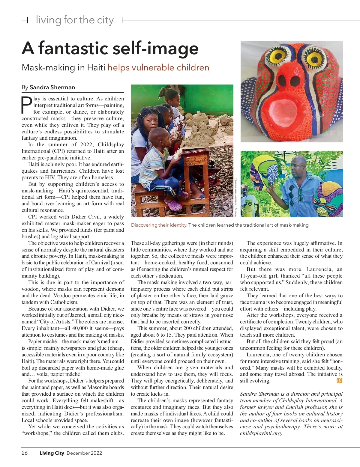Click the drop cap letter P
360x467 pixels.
27,105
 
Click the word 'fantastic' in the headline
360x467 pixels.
73,48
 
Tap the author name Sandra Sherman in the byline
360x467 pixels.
52,87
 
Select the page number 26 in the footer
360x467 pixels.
25,453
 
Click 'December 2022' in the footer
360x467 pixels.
84,453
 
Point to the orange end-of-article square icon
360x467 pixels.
340,381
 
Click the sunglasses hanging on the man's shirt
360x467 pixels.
300,195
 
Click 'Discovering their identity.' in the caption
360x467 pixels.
159,225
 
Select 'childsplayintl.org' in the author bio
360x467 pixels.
261,433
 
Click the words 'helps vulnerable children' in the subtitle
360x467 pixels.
158,67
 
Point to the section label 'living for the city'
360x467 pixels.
75,20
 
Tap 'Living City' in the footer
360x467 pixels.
52,453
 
